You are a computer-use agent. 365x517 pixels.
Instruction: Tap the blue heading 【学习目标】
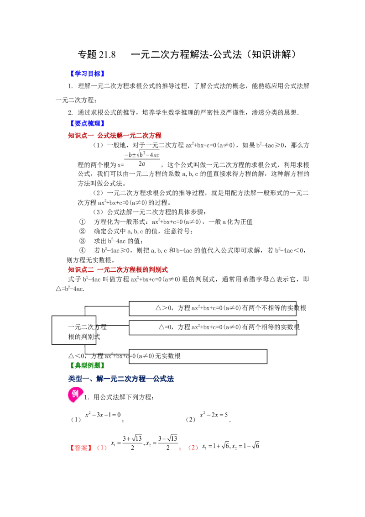[87, 74]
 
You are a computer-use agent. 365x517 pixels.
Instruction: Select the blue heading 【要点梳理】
[87, 123]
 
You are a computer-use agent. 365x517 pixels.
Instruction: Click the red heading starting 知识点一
[115, 135]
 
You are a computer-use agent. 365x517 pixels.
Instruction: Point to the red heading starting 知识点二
[118, 269]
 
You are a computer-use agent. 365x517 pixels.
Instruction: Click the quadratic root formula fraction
[142, 159]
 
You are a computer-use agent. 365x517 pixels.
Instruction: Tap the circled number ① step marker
[83, 222]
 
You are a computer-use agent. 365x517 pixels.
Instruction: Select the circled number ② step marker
[83, 232]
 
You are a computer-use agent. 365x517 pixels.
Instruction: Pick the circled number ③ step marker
[83, 241]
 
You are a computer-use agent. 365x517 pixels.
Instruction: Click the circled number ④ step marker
[83, 251]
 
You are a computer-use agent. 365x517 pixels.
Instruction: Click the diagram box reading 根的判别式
[74, 330]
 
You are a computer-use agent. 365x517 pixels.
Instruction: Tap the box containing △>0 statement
[213, 309]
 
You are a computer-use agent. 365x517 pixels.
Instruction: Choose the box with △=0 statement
[213, 328]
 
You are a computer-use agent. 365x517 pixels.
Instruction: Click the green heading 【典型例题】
[87, 365]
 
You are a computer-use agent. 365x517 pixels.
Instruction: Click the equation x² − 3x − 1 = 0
[103, 415]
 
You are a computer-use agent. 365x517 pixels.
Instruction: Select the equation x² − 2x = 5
[214, 415]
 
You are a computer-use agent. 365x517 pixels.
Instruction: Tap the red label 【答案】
[81, 448]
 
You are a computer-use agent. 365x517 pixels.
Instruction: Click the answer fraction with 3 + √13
[132, 443]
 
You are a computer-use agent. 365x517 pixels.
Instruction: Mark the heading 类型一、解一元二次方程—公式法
[121, 379]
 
